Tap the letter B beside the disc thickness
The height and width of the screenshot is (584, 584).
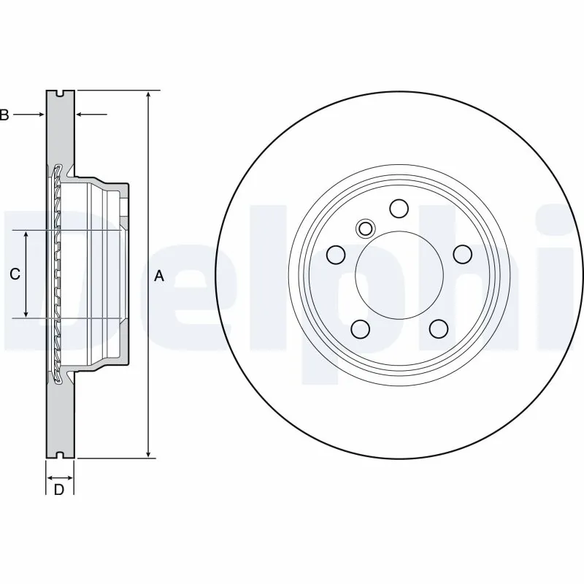(x=4, y=115)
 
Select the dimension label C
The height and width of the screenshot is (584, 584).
(x=14, y=274)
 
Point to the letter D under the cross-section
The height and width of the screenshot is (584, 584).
(x=59, y=489)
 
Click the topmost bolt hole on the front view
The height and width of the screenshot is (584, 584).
(x=399, y=209)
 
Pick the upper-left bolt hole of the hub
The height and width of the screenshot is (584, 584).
(x=336, y=255)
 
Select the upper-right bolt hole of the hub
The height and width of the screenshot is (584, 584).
(x=462, y=255)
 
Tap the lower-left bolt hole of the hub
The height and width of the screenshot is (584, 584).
(x=360, y=329)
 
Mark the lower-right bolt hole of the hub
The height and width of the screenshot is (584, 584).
(x=438, y=329)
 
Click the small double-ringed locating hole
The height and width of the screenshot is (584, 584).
(x=364, y=228)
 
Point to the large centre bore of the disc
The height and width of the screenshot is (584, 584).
(x=399, y=274)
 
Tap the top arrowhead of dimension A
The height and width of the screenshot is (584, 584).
(x=149, y=95)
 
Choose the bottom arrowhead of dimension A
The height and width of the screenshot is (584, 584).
(x=149, y=453)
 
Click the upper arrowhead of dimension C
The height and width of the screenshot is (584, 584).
(x=26, y=236)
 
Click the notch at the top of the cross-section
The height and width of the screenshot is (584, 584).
(x=59, y=93)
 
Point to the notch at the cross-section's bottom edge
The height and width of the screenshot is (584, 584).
(x=59, y=456)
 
